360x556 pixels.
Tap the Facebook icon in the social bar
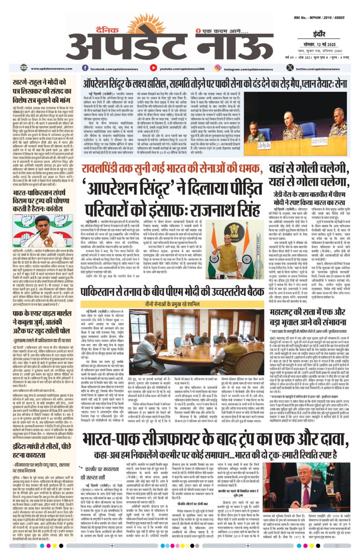pyautogui.click(x=85, y=68)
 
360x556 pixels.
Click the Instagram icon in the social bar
pyautogui.click(x=217, y=68)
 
